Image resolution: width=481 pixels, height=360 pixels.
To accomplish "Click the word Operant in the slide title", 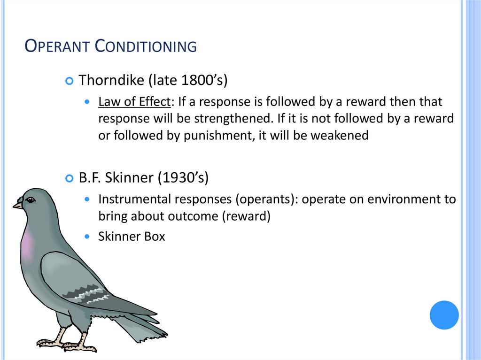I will click(x=57, y=46).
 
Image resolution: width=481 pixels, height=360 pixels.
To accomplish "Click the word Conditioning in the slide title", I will click(x=146, y=46).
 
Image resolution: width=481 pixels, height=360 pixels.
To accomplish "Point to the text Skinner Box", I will click(x=132, y=237).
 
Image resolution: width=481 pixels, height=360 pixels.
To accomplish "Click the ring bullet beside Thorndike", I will click(x=70, y=81).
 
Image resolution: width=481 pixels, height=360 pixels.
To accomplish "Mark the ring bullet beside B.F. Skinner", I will click(x=70, y=179).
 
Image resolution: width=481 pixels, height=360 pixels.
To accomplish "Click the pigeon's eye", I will click(x=31, y=200).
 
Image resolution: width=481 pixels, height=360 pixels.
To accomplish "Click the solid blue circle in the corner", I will click(x=444, y=315).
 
